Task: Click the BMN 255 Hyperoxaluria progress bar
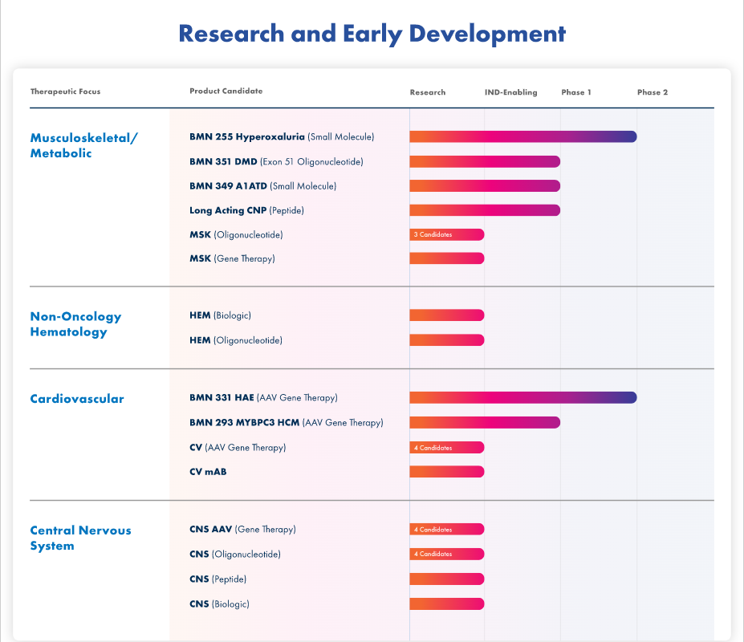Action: click(522, 136)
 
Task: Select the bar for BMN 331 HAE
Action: click(522, 397)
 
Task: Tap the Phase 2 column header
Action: click(653, 92)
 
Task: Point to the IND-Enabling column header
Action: click(510, 92)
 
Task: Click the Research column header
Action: click(427, 92)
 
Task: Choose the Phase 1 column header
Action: click(575, 92)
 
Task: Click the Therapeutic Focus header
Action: click(65, 91)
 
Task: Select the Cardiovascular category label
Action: click(77, 399)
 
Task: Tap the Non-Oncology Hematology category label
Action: click(75, 324)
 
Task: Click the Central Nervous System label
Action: click(80, 538)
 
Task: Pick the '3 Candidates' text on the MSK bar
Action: click(433, 235)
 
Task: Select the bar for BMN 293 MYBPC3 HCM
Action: click(485, 422)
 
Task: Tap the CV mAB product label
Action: click(208, 472)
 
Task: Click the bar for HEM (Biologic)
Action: click(447, 315)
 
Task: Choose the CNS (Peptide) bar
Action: click(447, 579)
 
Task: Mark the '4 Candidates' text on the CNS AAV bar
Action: click(433, 530)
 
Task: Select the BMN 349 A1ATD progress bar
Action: click(485, 185)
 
